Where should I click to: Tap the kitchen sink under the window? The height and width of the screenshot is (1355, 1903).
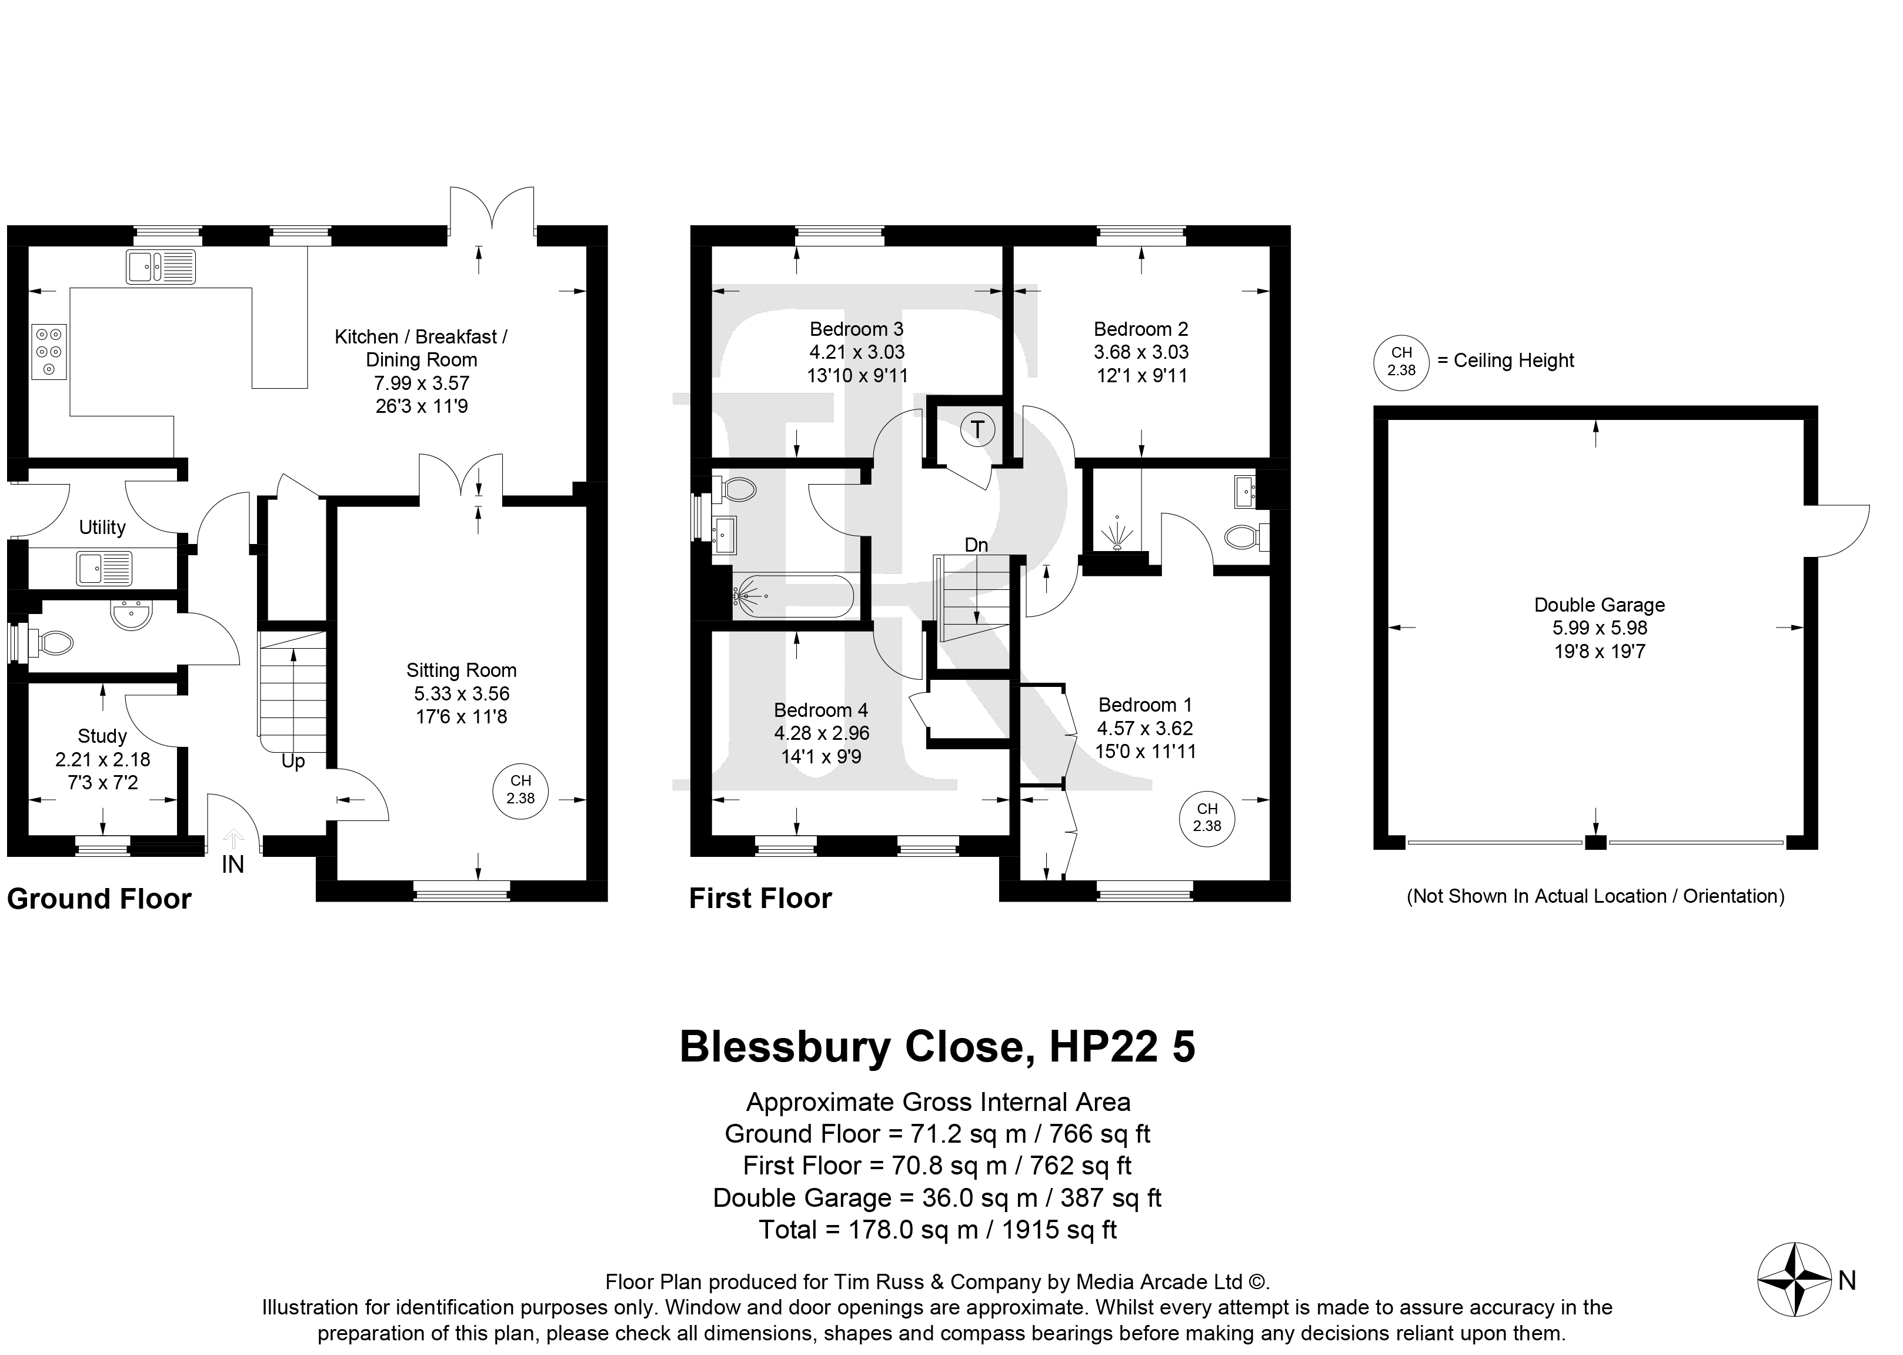point(161,267)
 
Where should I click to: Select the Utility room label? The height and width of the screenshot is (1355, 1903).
point(102,528)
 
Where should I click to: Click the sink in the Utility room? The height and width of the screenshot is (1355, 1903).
point(104,568)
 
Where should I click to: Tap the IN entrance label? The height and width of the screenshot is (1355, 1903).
point(233,865)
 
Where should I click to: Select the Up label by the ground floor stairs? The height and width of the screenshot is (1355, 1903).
point(293,762)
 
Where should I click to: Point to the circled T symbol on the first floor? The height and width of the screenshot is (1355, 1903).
point(977,430)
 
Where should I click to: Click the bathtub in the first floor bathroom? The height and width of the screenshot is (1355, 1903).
point(793,596)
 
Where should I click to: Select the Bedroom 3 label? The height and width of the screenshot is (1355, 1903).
point(856,329)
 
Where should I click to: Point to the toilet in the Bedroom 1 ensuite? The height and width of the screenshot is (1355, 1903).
point(1247,538)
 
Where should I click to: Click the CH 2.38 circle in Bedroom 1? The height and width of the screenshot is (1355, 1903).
point(1206,816)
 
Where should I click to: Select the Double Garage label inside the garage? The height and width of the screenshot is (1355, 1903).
point(1600,605)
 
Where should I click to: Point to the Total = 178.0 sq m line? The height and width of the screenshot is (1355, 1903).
point(938,1229)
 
